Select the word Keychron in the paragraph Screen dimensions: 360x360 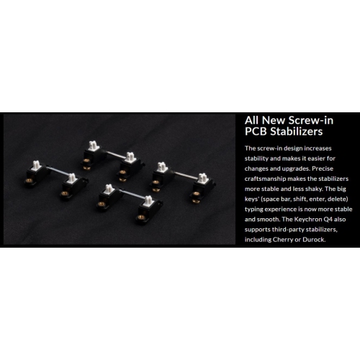tap(307, 220)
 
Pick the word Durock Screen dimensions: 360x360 tap(314, 240)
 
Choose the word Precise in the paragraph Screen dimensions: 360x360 tap(323, 168)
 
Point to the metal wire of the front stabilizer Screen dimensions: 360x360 tap(132, 194)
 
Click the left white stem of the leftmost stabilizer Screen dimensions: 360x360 tap(37, 164)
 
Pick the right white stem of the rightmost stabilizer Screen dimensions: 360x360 tap(203, 178)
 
